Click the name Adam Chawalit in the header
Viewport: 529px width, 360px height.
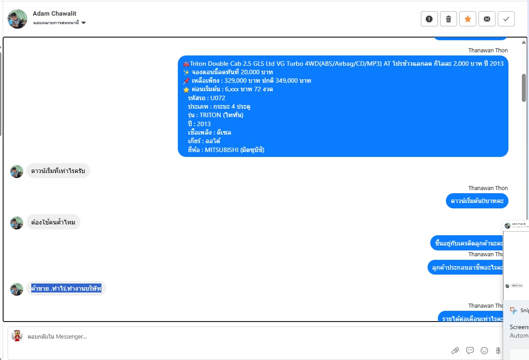(55, 13)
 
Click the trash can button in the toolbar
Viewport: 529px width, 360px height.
(449, 19)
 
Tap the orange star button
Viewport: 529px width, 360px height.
(468, 19)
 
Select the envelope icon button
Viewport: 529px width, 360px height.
(487, 19)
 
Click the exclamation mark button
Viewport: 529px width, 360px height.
(429, 19)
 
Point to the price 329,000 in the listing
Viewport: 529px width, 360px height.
(235, 80)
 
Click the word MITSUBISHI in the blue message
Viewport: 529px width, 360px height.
(221, 150)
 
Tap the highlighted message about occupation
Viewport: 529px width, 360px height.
(66, 288)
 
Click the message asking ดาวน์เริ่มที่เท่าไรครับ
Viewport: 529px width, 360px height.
(58, 171)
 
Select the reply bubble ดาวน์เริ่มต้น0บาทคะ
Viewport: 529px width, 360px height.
(477, 201)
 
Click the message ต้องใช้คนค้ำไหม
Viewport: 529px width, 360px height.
(53, 222)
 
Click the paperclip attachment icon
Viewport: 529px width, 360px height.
(455, 350)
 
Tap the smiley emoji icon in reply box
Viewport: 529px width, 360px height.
(484, 350)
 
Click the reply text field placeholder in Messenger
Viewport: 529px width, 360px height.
(57, 336)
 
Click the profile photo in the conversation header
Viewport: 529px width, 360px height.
(17, 19)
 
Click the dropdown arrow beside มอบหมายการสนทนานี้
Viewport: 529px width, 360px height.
(84, 23)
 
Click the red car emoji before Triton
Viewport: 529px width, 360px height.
(186, 64)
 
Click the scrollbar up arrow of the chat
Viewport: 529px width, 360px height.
(524, 42)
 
